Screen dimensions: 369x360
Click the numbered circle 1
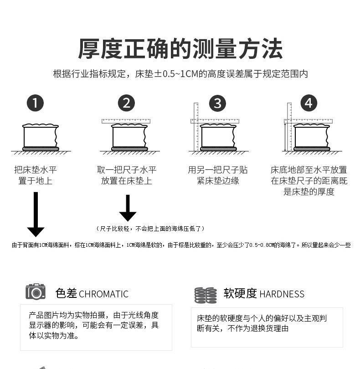click(36, 103)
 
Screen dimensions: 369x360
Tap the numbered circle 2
click(126, 103)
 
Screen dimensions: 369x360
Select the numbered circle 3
click(217, 103)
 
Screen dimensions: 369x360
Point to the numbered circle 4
click(309, 103)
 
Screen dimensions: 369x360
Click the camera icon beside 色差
click(36, 292)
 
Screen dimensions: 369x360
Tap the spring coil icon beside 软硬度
click(206, 295)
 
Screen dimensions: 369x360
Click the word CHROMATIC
click(103, 294)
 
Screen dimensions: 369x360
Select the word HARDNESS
click(282, 294)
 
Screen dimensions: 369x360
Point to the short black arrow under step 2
click(128, 208)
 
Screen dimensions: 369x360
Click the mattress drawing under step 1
click(40, 136)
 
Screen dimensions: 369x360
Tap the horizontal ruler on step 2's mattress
click(126, 121)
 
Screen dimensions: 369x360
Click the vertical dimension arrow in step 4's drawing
click(285, 137)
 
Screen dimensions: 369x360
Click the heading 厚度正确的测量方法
click(180, 48)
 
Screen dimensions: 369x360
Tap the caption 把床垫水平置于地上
click(36, 175)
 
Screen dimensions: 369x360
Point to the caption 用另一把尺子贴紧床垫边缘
click(217, 175)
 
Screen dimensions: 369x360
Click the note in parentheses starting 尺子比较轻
click(150, 228)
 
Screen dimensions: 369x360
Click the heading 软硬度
click(240, 293)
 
